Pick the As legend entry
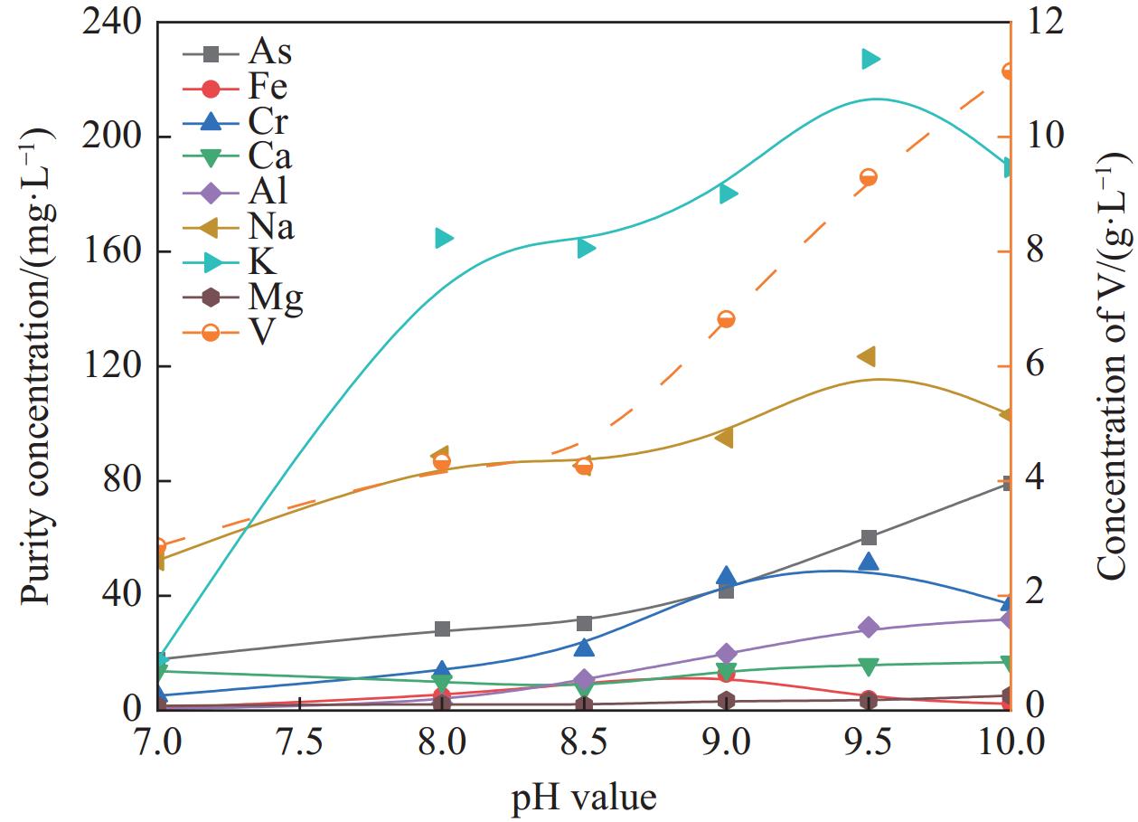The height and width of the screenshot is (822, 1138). point(240,52)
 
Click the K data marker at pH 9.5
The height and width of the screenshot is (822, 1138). point(870,60)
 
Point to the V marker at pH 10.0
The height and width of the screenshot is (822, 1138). point(1011,72)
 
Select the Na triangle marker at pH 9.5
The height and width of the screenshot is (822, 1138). point(867,357)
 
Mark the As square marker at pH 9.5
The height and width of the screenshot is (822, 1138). point(870,538)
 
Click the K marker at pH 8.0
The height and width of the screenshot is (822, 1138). point(443,238)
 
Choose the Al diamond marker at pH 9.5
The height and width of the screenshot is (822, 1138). point(870,628)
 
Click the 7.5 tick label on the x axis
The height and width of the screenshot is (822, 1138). point(301,742)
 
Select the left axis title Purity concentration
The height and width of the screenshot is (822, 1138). point(38,365)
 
